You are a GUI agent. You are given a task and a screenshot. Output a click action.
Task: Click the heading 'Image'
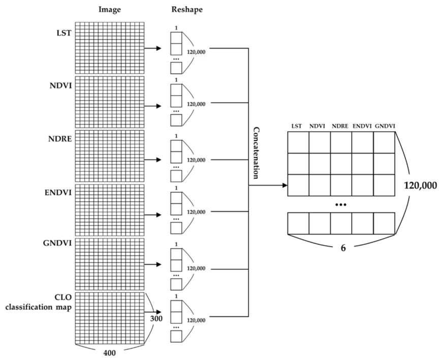(x=109, y=10)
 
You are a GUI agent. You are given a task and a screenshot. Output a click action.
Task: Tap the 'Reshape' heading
(x=187, y=10)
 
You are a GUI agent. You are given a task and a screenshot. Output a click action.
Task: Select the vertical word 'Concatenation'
(x=256, y=153)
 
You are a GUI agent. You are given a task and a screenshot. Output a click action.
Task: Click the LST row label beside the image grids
(x=64, y=33)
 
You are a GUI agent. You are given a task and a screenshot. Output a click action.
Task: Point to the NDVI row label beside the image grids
(x=60, y=85)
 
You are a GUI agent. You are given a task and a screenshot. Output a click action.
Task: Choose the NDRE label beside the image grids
(x=60, y=139)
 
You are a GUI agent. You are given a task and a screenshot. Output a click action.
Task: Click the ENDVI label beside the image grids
(x=58, y=193)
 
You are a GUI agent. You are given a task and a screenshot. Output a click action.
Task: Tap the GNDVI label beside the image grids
(x=57, y=243)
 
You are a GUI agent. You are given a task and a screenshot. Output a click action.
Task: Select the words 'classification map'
(x=38, y=307)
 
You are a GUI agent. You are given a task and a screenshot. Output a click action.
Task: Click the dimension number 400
(x=109, y=353)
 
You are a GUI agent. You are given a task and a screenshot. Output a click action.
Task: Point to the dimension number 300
(x=156, y=318)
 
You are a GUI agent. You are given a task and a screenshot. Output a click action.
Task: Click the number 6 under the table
(x=343, y=248)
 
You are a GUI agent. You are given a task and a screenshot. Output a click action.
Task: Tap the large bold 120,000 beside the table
(x=420, y=185)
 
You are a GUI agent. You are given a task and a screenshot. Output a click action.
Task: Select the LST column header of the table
(x=297, y=126)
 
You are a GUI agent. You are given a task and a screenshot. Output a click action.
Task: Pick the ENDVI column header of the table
(x=362, y=126)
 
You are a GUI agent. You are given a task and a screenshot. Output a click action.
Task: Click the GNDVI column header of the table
(x=385, y=126)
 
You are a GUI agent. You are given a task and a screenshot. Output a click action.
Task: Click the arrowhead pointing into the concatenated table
(x=285, y=185)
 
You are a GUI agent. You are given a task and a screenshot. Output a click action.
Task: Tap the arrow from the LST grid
(x=153, y=48)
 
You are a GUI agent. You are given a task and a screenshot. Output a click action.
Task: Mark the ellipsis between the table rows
(x=341, y=204)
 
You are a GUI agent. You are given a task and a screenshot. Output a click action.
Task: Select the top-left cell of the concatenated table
(x=298, y=142)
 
